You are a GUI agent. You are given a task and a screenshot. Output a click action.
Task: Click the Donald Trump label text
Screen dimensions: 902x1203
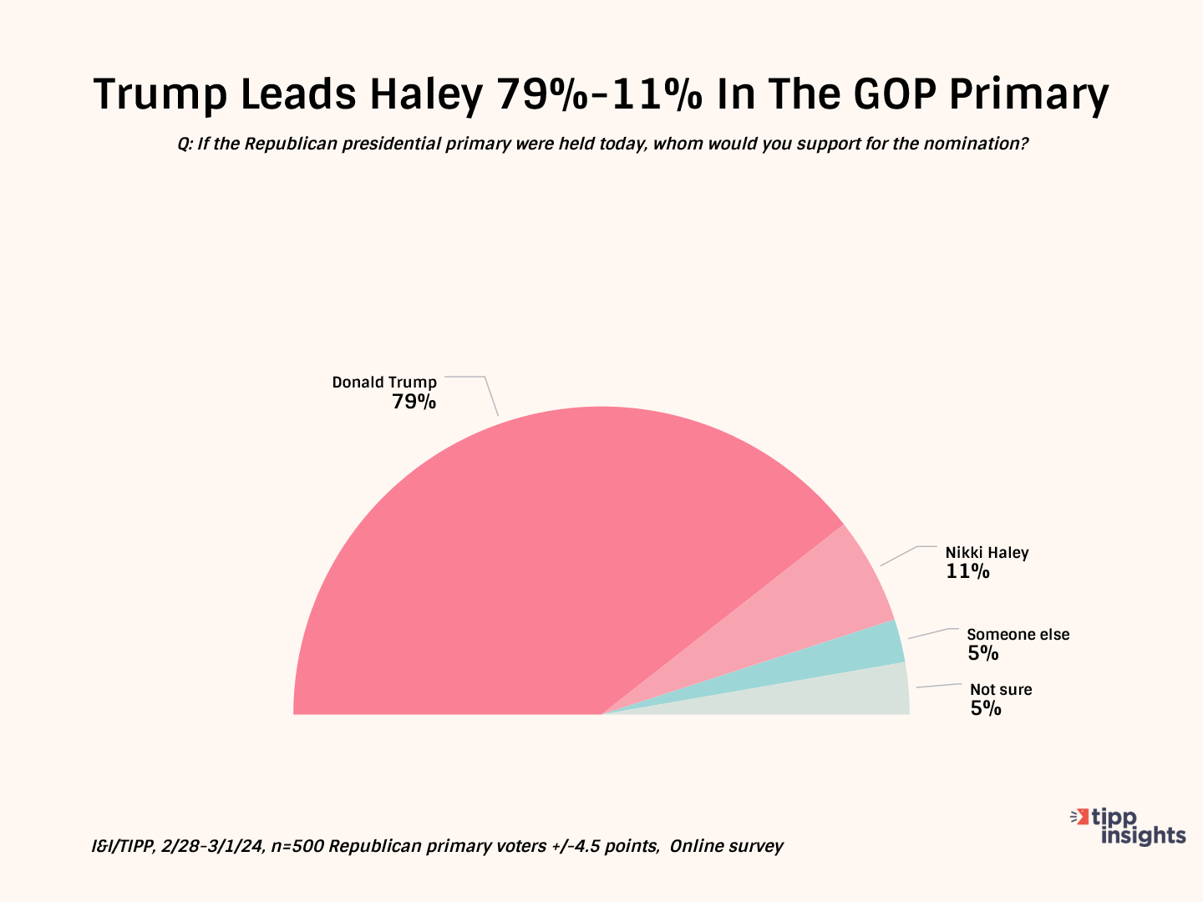click(384, 383)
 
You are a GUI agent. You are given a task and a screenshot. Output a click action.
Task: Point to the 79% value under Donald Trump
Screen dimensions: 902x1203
click(414, 402)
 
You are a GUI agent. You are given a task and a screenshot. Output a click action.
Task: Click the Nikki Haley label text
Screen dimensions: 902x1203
click(987, 553)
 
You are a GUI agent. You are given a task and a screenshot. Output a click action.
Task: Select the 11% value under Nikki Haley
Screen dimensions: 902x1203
click(967, 572)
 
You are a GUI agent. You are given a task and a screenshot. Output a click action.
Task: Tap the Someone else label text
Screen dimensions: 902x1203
click(1018, 635)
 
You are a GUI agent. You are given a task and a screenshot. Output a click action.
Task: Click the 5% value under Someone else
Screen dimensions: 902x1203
click(983, 654)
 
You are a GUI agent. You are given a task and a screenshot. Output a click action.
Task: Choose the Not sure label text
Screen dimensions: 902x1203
click(1001, 690)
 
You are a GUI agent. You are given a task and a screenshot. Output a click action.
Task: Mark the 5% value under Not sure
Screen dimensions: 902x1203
click(986, 709)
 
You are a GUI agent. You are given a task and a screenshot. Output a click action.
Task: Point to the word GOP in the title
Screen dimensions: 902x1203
click(898, 94)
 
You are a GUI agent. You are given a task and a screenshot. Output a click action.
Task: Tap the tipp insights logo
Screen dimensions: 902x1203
click(1129, 826)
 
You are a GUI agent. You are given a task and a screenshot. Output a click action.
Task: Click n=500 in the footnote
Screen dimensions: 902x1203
click(297, 846)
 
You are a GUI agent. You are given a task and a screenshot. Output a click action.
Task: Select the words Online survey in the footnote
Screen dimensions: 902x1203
click(726, 846)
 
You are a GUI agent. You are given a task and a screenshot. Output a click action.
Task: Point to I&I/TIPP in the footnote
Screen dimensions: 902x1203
click(122, 846)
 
